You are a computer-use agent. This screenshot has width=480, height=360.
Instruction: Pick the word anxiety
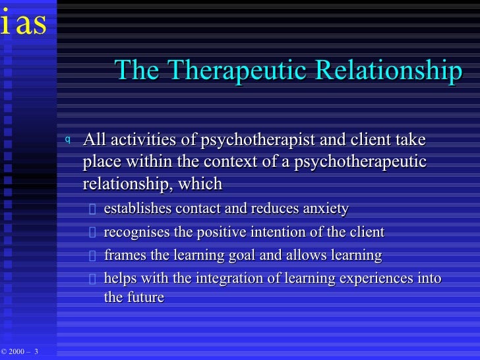[x=325, y=209]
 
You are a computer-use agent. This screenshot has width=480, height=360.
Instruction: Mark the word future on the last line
[x=145, y=297]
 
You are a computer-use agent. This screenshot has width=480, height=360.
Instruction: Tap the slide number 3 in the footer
[x=36, y=351]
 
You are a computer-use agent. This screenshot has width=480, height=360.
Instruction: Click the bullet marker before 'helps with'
[x=92, y=279]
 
